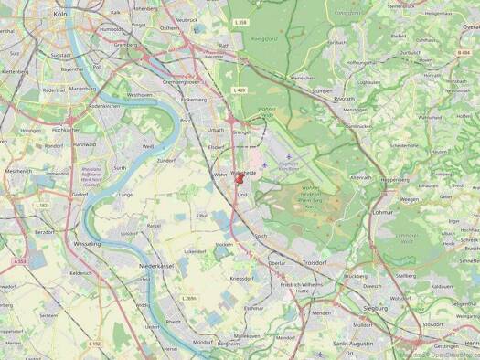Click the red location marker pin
click(240, 181)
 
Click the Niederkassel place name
click(155, 265)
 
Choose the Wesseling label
click(88, 244)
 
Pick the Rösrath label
click(344, 100)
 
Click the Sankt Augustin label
click(353, 343)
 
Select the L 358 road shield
click(240, 21)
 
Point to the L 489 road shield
click(240, 90)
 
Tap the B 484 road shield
click(464, 52)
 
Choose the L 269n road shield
click(189, 298)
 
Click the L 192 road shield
click(96, 344)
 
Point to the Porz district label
click(186, 120)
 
